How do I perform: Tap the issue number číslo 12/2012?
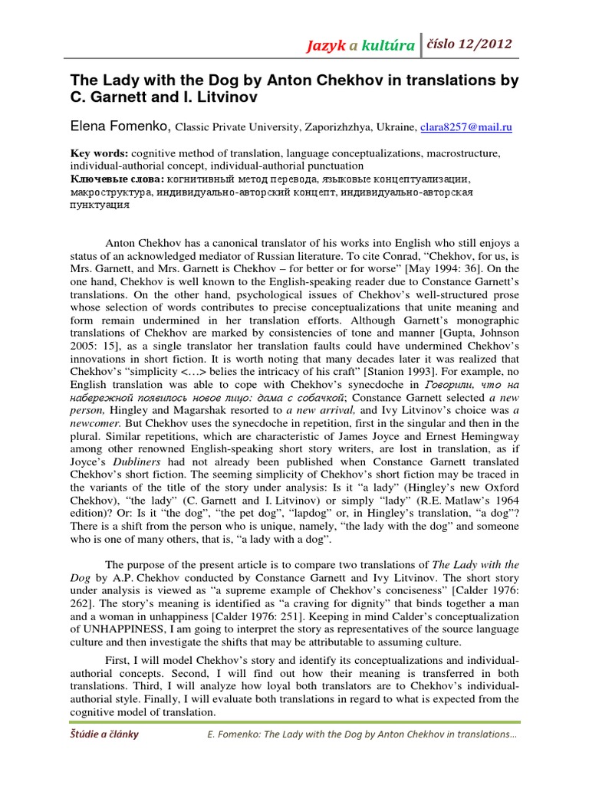[x=469, y=44]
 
